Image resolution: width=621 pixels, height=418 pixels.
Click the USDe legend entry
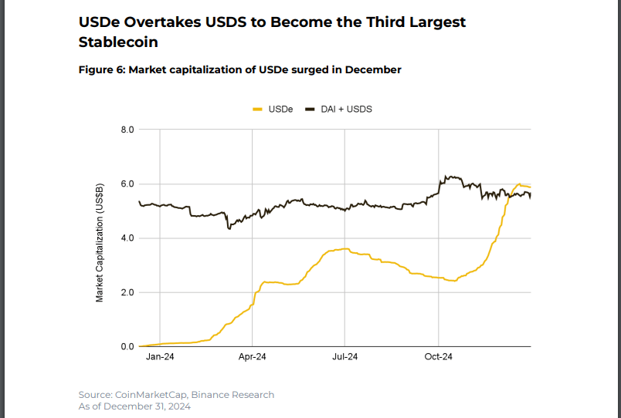[280, 110]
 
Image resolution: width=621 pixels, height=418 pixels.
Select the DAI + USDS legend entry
[347, 110]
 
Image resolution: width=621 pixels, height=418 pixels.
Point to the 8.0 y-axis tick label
[127, 130]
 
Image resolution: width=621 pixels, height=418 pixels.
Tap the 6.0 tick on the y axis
[127, 184]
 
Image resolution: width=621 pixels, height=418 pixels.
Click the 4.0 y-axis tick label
[127, 238]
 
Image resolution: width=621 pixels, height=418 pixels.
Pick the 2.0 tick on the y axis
[127, 293]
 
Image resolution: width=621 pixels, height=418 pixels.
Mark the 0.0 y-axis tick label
[127, 347]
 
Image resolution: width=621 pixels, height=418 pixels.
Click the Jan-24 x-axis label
[160, 357]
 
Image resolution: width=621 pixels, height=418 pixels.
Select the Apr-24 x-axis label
[253, 357]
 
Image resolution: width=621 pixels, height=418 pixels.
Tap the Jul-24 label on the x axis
[345, 357]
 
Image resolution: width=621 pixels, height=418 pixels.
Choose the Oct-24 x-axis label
[438, 357]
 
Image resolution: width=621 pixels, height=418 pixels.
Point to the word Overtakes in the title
[163, 22]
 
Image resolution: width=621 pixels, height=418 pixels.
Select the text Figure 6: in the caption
[102, 70]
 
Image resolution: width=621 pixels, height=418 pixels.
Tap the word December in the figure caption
[373, 70]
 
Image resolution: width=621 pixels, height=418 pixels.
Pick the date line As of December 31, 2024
[134, 406]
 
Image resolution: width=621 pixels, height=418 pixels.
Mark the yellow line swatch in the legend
[258, 110]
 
